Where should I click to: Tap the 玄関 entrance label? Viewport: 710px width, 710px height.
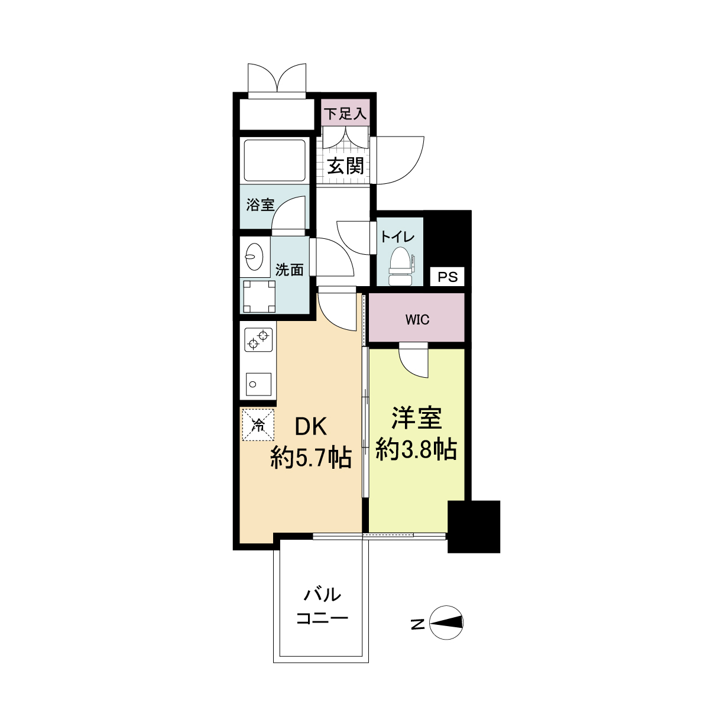346,166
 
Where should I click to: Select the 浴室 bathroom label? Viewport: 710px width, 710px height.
260,205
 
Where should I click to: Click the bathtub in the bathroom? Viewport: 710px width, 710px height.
274,160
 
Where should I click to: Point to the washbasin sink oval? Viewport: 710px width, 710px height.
254,257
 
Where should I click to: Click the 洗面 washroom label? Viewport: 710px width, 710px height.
290,270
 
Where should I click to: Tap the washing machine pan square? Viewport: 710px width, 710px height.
259,297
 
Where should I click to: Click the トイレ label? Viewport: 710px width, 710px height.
398,236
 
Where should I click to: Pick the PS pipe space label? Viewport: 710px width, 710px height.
448,277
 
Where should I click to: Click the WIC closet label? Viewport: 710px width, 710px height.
417,319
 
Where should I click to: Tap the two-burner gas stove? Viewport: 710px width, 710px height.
259,340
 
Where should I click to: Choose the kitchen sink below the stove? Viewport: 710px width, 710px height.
258,384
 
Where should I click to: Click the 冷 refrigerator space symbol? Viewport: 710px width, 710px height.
258,424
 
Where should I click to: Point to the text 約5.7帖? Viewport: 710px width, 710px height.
311,458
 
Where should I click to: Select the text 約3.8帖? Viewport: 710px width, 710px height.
416,449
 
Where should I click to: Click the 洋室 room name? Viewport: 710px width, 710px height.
416,418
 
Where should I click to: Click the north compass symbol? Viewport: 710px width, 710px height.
446,623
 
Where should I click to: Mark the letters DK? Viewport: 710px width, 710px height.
310,427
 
